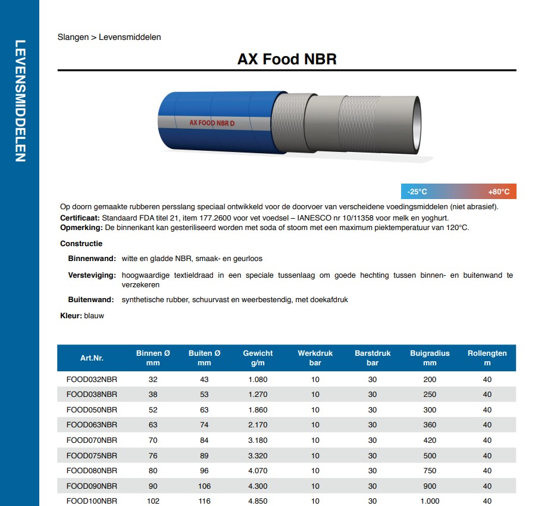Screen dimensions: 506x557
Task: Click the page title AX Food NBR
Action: pyautogui.click(x=287, y=59)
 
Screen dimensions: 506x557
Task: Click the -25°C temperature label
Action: pyautogui.click(x=417, y=192)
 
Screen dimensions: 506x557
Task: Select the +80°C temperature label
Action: pyautogui.click(x=499, y=192)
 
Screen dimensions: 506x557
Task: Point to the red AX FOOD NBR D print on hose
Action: pyautogui.click(x=212, y=123)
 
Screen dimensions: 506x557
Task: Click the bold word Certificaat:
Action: pyautogui.click(x=80, y=218)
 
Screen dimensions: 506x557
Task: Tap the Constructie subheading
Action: pyautogui.click(x=82, y=244)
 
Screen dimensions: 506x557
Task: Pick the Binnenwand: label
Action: pyautogui.click(x=92, y=259)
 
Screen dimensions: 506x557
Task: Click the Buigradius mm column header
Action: pyautogui.click(x=430, y=358)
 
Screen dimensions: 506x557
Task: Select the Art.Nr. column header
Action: pyautogui.click(x=92, y=358)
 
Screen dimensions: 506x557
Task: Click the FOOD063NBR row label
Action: pyautogui.click(x=92, y=425)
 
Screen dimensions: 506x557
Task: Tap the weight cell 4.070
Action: pyautogui.click(x=257, y=471)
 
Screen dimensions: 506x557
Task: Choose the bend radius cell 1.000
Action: pyautogui.click(x=430, y=501)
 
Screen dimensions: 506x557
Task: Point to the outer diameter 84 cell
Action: pyautogui.click(x=204, y=440)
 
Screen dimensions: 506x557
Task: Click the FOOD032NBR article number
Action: pyautogui.click(x=92, y=380)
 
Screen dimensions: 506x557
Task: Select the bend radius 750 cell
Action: pyautogui.click(x=430, y=471)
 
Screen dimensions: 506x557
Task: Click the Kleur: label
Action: pyautogui.click(x=71, y=316)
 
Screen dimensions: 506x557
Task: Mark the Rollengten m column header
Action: pyautogui.click(x=487, y=358)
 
